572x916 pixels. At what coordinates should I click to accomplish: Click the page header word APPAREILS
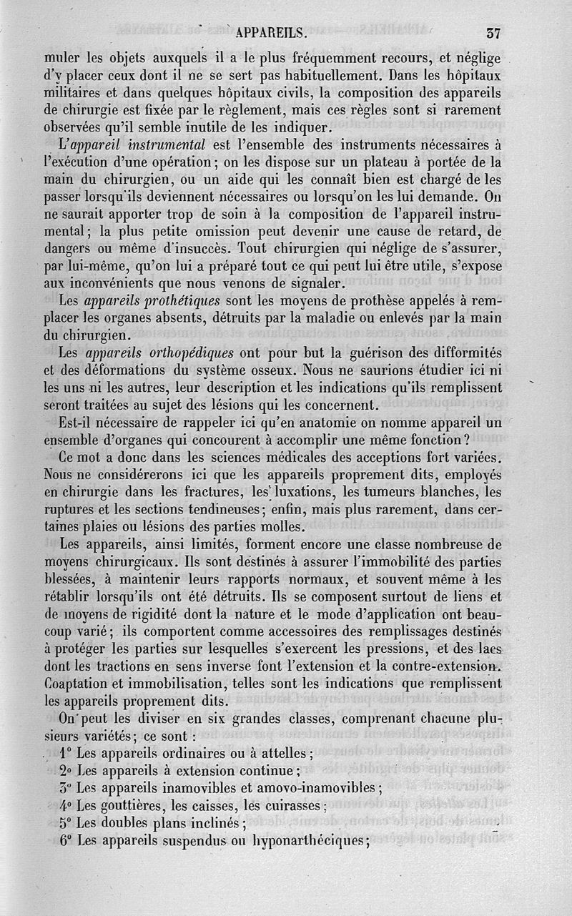pyautogui.click(x=271, y=32)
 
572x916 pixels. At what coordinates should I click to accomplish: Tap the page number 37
pyautogui.click(x=493, y=32)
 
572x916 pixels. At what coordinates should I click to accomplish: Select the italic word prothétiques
pyautogui.click(x=172, y=299)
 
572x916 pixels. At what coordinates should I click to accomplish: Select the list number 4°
pyautogui.click(x=66, y=806)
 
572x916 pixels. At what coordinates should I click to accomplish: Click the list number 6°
pyautogui.click(x=66, y=841)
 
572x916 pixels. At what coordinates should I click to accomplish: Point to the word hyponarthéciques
pyautogui.click(x=309, y=842)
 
